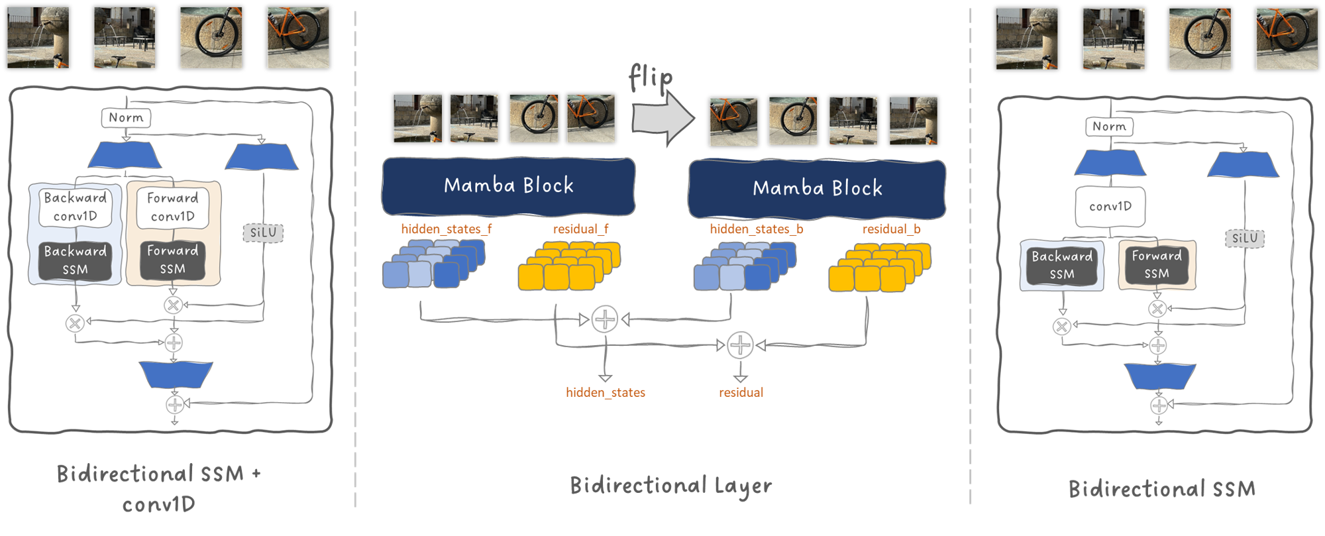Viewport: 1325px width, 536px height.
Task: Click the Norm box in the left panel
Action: [126, 118]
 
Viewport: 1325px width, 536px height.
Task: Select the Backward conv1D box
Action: [75, 207]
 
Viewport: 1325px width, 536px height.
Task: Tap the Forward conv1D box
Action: [172, 207]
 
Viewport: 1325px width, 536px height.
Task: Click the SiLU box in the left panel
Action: [263, 233]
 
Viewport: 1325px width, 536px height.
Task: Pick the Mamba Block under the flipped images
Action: [817, 189]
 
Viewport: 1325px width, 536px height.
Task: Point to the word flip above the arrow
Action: [651, 78]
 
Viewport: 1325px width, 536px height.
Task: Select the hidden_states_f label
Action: [446, 229]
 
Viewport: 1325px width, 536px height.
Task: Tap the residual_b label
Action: [891, 229]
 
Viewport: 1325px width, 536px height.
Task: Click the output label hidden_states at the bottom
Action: [605, 393]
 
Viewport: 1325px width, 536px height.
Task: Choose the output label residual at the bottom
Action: [741, 393]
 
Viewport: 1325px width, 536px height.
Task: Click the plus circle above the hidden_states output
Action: [604, 319]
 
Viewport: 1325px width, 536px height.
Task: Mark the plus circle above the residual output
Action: [740, 345]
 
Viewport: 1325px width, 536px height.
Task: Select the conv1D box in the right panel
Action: [1110, 207]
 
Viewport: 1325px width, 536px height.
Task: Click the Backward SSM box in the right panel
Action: [1061, 265]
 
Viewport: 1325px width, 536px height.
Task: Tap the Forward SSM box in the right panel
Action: [1156, 264]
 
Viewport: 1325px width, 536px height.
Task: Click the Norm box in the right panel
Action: [1109, 127]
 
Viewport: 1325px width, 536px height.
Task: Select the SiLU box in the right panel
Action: [1244, 239]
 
